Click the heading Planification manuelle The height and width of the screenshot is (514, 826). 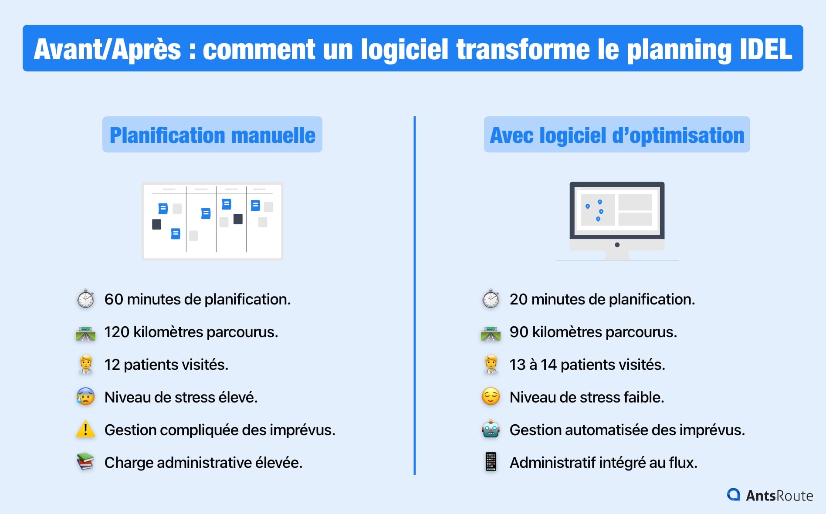click(212, 135)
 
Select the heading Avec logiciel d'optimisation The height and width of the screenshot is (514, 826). click(617, 135)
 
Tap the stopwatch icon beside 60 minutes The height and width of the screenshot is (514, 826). click(86, 299)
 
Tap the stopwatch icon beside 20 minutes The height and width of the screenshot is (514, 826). click(491, 299)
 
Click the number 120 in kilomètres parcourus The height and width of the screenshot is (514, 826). click(117, 332)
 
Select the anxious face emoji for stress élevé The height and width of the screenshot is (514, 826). click(86, 397)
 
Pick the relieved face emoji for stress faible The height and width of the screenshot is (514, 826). click(491, 397)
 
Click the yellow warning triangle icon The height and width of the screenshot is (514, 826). click(86, 429)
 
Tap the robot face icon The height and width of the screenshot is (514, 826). click(491, 429)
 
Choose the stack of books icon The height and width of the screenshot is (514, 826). click(86, 462)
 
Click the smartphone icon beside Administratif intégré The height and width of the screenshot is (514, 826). click(491, 462)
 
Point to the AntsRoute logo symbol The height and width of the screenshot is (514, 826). click(734, 494)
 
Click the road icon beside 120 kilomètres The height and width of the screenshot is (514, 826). click(86, 333)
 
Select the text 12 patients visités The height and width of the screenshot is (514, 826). click(166, 365)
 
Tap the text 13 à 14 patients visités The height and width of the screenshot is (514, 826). click(587, 365)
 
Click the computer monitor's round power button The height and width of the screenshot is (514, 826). click(617, 245)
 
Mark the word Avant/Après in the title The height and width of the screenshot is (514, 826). click(107, 49)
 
